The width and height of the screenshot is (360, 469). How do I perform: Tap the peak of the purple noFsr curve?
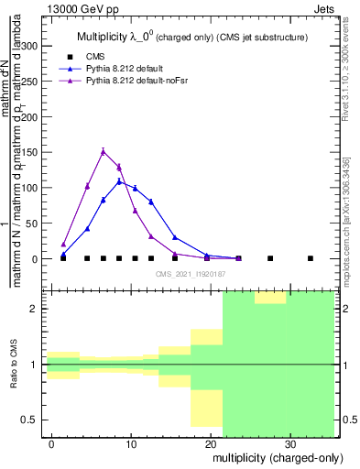pyautogui.click(x=104, y=151)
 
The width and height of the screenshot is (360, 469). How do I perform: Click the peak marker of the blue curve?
pyautogui.click(x=119, y=181)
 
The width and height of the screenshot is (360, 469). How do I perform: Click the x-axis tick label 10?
pyautogui.click(x=131, y=442)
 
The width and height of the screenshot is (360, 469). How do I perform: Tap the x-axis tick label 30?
pyautogui.click(x=289, y=442)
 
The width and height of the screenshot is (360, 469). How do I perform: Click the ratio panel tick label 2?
pyautogui.click(x=36, y=309)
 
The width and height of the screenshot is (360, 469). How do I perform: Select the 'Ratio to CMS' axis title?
pyautogui.click(x=15, y=365)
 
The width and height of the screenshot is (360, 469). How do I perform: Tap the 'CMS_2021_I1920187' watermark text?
pyautogui.click(x=191, y=274)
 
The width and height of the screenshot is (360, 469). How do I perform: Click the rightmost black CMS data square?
pyautogui.click(x=310, y=258)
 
